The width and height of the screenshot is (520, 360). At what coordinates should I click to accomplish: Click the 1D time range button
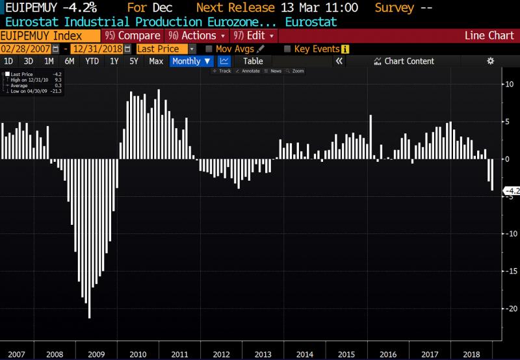click(8, 61)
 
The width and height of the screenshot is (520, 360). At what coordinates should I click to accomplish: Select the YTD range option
click(92, 61)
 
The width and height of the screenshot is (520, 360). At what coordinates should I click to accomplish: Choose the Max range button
click(156, 61)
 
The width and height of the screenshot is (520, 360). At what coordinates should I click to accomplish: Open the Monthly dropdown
click(191, 61)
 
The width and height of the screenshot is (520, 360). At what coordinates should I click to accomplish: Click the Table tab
click(253, 61)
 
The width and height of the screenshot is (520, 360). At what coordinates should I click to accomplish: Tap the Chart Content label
click(409, 61)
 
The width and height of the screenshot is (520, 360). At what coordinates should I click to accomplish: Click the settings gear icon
click(491, 61)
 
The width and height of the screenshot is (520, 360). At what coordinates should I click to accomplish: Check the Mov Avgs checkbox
click(209, 49)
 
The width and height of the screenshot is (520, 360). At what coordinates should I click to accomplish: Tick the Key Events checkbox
click(287, 49)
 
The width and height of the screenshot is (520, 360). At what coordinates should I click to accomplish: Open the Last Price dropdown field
click(166, 49)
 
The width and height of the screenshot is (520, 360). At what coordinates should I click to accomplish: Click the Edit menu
click(254, 36)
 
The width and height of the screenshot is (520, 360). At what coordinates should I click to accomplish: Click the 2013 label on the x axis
click(263, 354)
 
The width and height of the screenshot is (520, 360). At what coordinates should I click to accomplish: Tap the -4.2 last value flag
click(511, 191)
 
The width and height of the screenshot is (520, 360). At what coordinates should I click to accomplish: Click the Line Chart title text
click(489, 36)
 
